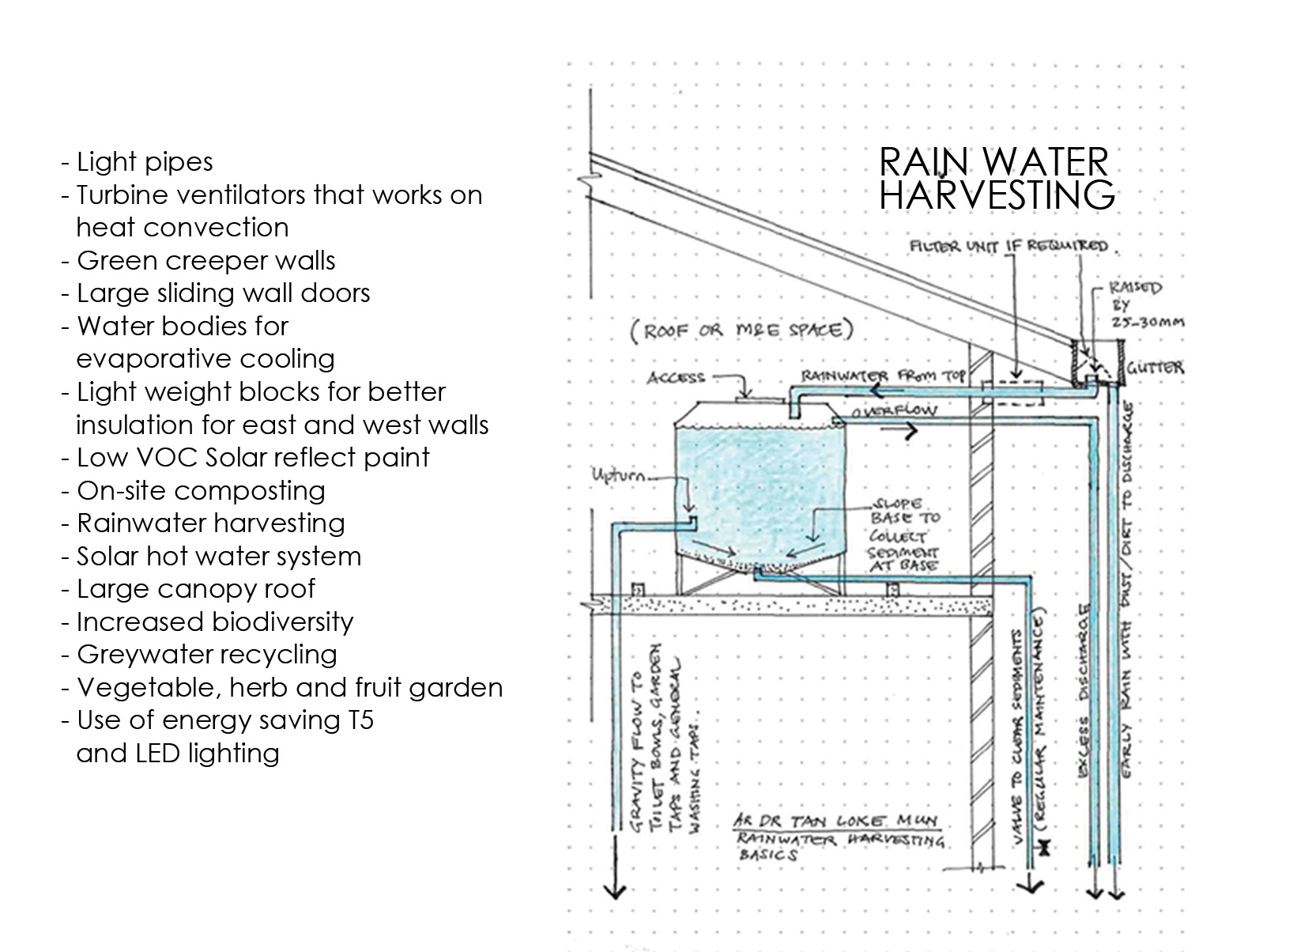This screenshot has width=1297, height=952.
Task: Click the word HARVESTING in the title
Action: [x=997, y=195]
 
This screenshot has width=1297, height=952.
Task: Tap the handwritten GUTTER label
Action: [x=1155, y=368]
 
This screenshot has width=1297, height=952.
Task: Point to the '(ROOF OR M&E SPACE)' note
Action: [x=741, y=331]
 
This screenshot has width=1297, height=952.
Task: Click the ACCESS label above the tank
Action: [x=676, y=377]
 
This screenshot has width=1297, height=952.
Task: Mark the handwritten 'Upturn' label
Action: [x=620, y=476]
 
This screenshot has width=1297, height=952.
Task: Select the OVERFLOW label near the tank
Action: [x=895, y=410]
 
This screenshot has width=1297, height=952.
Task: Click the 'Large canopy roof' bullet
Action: [x=195, y=589]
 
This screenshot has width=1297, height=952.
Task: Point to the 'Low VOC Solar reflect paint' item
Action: [x=253, y=458]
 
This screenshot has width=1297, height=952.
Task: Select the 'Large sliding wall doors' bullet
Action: [x=223, y=293]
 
